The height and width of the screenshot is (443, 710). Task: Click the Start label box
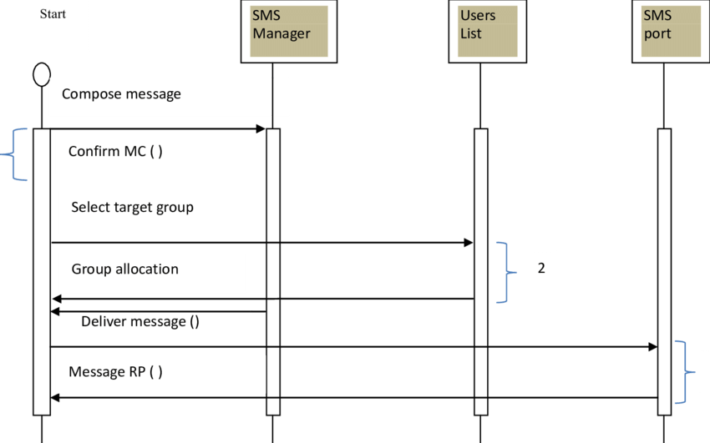53,26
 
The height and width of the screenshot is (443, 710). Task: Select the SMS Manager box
288,32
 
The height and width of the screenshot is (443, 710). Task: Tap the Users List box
487,32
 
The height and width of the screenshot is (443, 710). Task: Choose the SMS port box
670,32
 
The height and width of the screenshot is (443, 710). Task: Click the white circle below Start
41,75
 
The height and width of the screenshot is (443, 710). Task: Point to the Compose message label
121,94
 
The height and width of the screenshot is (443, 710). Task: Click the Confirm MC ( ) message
115,152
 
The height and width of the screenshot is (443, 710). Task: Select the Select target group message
132,207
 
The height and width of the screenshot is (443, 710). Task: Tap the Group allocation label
124,269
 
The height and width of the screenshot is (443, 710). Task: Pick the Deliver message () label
139,322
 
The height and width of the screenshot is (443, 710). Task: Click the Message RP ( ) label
115,372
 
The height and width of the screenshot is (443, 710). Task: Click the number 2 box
540,269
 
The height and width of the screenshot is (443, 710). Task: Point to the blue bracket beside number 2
503,272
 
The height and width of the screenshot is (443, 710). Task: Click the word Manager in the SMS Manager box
281,34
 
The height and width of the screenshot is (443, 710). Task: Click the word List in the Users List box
471,34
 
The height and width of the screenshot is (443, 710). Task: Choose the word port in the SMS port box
657,34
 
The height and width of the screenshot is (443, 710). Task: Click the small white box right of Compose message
281,97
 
